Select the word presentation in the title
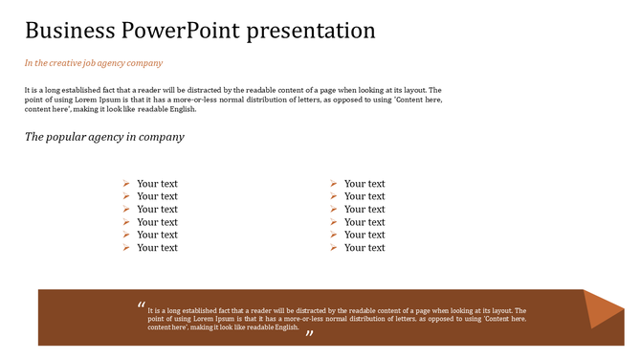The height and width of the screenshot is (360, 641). (311, 31)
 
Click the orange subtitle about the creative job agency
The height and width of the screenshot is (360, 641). (94, 63)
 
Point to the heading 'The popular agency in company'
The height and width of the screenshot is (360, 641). (104, 137)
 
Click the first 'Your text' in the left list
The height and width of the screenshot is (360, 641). (157, 184)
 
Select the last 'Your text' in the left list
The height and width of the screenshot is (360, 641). (157, 248)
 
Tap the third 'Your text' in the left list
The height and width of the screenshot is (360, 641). (157, 210)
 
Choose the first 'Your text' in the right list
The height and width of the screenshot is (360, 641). (365, 184)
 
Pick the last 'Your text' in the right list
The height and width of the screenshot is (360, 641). (365, 248)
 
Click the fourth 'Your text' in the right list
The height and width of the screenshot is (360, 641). (365, 222)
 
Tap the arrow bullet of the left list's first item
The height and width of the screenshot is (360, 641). (126, 184)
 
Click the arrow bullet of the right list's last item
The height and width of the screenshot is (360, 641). (334, 248)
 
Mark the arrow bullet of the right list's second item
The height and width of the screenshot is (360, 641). (334, 196)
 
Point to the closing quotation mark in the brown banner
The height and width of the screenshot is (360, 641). (309, 333)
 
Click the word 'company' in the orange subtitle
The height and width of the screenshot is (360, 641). (144, 63)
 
